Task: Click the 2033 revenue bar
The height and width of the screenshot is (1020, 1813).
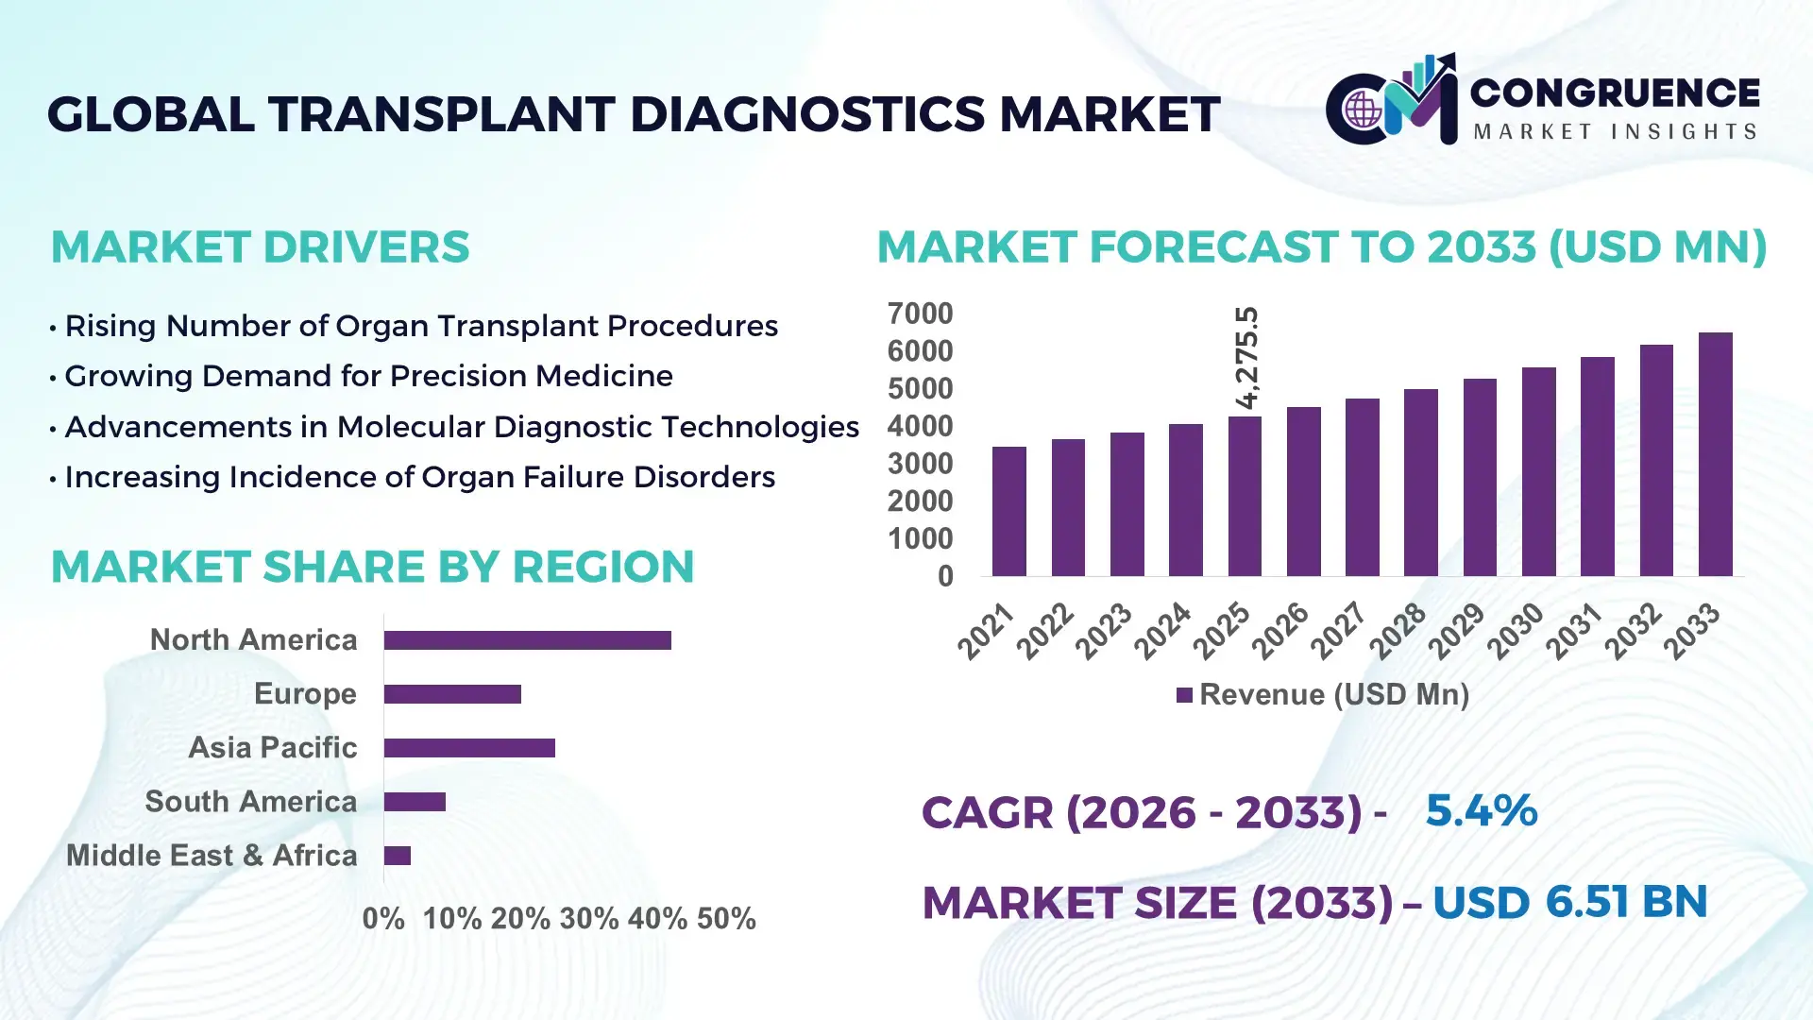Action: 1715,454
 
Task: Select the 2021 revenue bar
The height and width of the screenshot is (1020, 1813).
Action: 1008,511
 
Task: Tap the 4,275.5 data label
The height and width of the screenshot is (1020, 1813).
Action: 1246,358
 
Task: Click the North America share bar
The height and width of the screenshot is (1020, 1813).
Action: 527,640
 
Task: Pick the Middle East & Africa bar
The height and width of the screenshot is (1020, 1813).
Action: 398,856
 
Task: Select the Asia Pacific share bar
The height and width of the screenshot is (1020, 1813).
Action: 469,748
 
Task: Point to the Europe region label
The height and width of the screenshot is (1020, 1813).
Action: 305,694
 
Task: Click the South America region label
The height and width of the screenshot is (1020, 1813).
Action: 250,802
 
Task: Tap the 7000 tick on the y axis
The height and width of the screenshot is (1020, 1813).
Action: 920,314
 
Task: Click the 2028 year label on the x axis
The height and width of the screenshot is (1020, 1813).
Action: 1398,631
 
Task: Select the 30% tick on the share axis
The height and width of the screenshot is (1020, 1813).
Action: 588,919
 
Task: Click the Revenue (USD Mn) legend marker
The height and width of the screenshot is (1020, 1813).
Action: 1184,695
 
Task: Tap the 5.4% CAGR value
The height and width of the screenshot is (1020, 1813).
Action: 1481,810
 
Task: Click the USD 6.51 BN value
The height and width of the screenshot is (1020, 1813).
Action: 1569,902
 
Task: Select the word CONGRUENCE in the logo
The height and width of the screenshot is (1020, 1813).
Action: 1615,93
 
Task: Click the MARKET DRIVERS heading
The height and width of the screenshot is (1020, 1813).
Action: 260,247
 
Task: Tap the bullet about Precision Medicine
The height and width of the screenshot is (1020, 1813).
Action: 368,376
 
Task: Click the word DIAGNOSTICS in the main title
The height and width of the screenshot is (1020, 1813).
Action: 807,114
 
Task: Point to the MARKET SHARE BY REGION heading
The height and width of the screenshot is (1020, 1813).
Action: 372,567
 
